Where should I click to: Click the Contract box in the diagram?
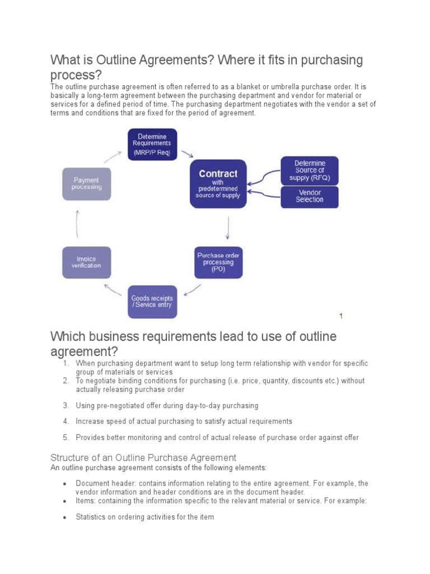pos(218,184)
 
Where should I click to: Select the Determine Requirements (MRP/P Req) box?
pos(152,144)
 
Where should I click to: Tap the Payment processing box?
pos(86,184)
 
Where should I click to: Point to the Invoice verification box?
pos(86,262)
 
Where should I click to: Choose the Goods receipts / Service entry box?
pos(152,302)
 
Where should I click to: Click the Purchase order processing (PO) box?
pos(218,262)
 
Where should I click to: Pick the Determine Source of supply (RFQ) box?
pos(309,170)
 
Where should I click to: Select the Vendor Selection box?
pos(309,196)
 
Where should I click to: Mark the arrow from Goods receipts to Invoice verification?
pos(114,288)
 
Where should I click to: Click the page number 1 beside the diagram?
pos(341,316)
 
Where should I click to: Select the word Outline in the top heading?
pos(119,60)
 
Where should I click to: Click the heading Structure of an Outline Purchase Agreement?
pos(143,457)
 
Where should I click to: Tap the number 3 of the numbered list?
pos(66,405)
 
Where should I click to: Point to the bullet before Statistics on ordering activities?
pos(65,517)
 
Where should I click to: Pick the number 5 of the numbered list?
pos(66,437)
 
